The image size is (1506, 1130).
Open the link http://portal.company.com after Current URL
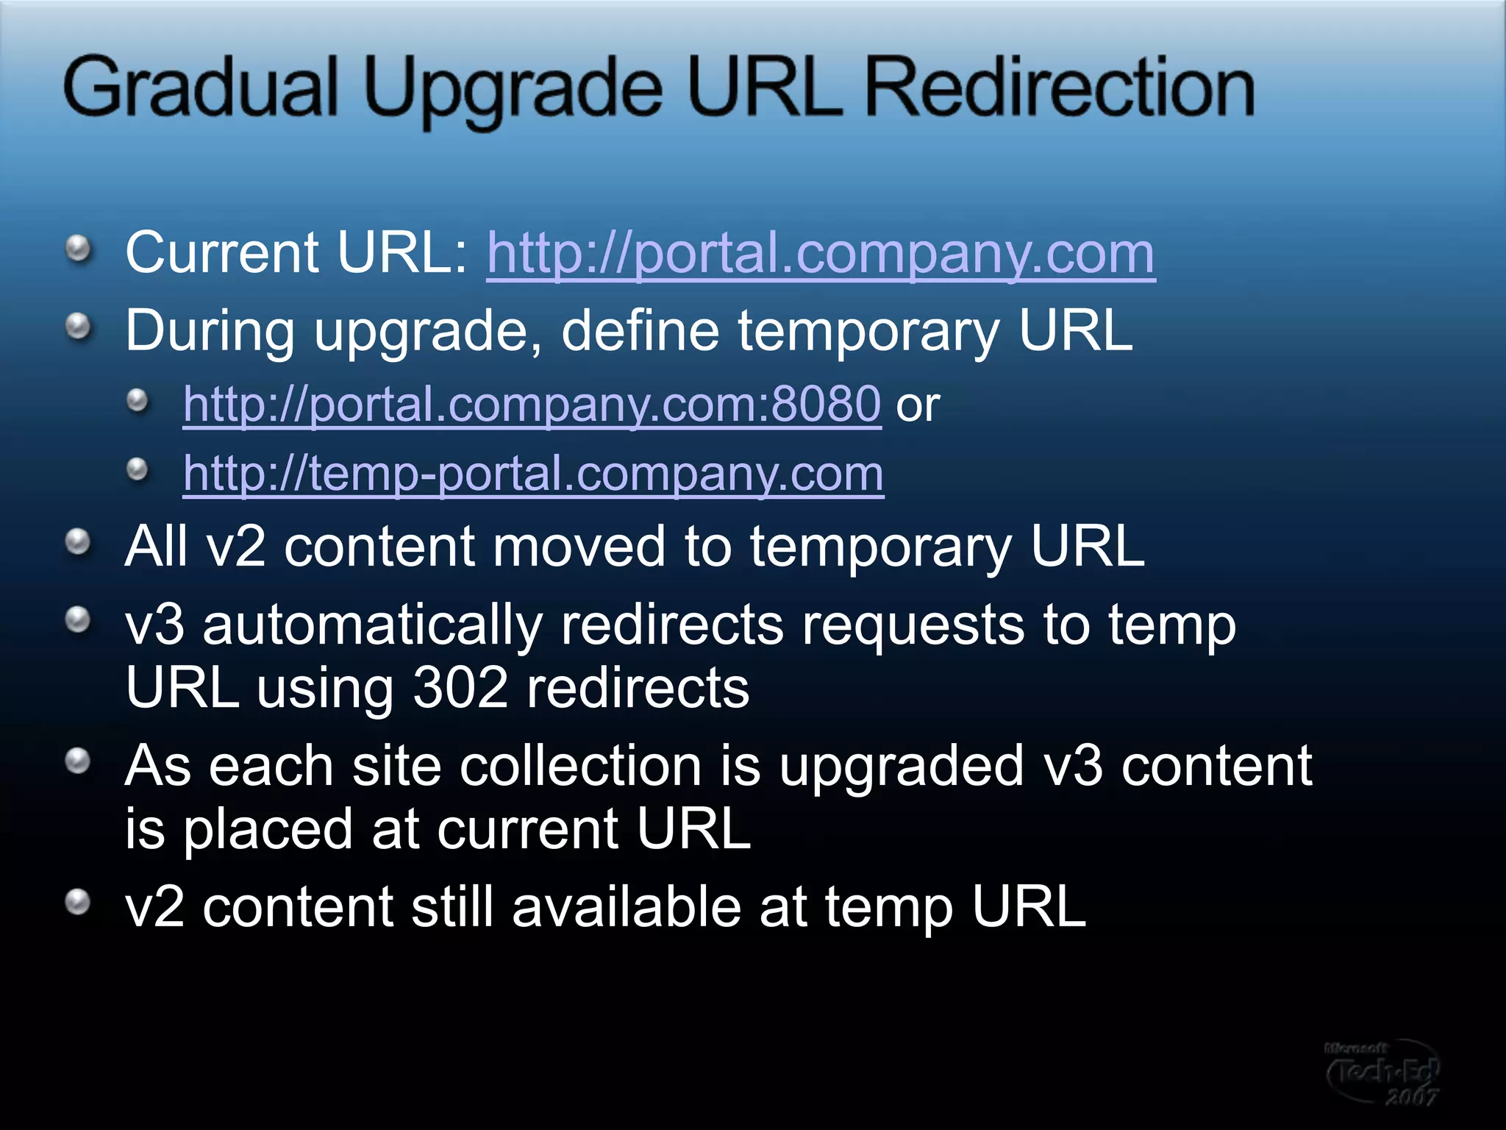(821, 254)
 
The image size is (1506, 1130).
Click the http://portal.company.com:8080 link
(532, 404)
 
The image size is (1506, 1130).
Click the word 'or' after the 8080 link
(918, 405)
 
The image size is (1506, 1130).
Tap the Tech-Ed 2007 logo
(1382, 1072)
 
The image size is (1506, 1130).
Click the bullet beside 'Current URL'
(79, 249)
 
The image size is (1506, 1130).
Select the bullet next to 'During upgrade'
(79, 326)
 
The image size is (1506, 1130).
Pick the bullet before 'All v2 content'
(79, 543)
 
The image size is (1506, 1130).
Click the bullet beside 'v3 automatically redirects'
(79, 620)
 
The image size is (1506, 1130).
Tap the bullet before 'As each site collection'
(79, 761)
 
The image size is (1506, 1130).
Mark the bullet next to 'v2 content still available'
(79, 901)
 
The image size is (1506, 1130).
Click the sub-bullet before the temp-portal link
(138, 469)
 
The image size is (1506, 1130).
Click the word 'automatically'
(372, 625)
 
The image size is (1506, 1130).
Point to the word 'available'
(626, 907)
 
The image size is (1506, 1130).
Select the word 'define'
(640, 331)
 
